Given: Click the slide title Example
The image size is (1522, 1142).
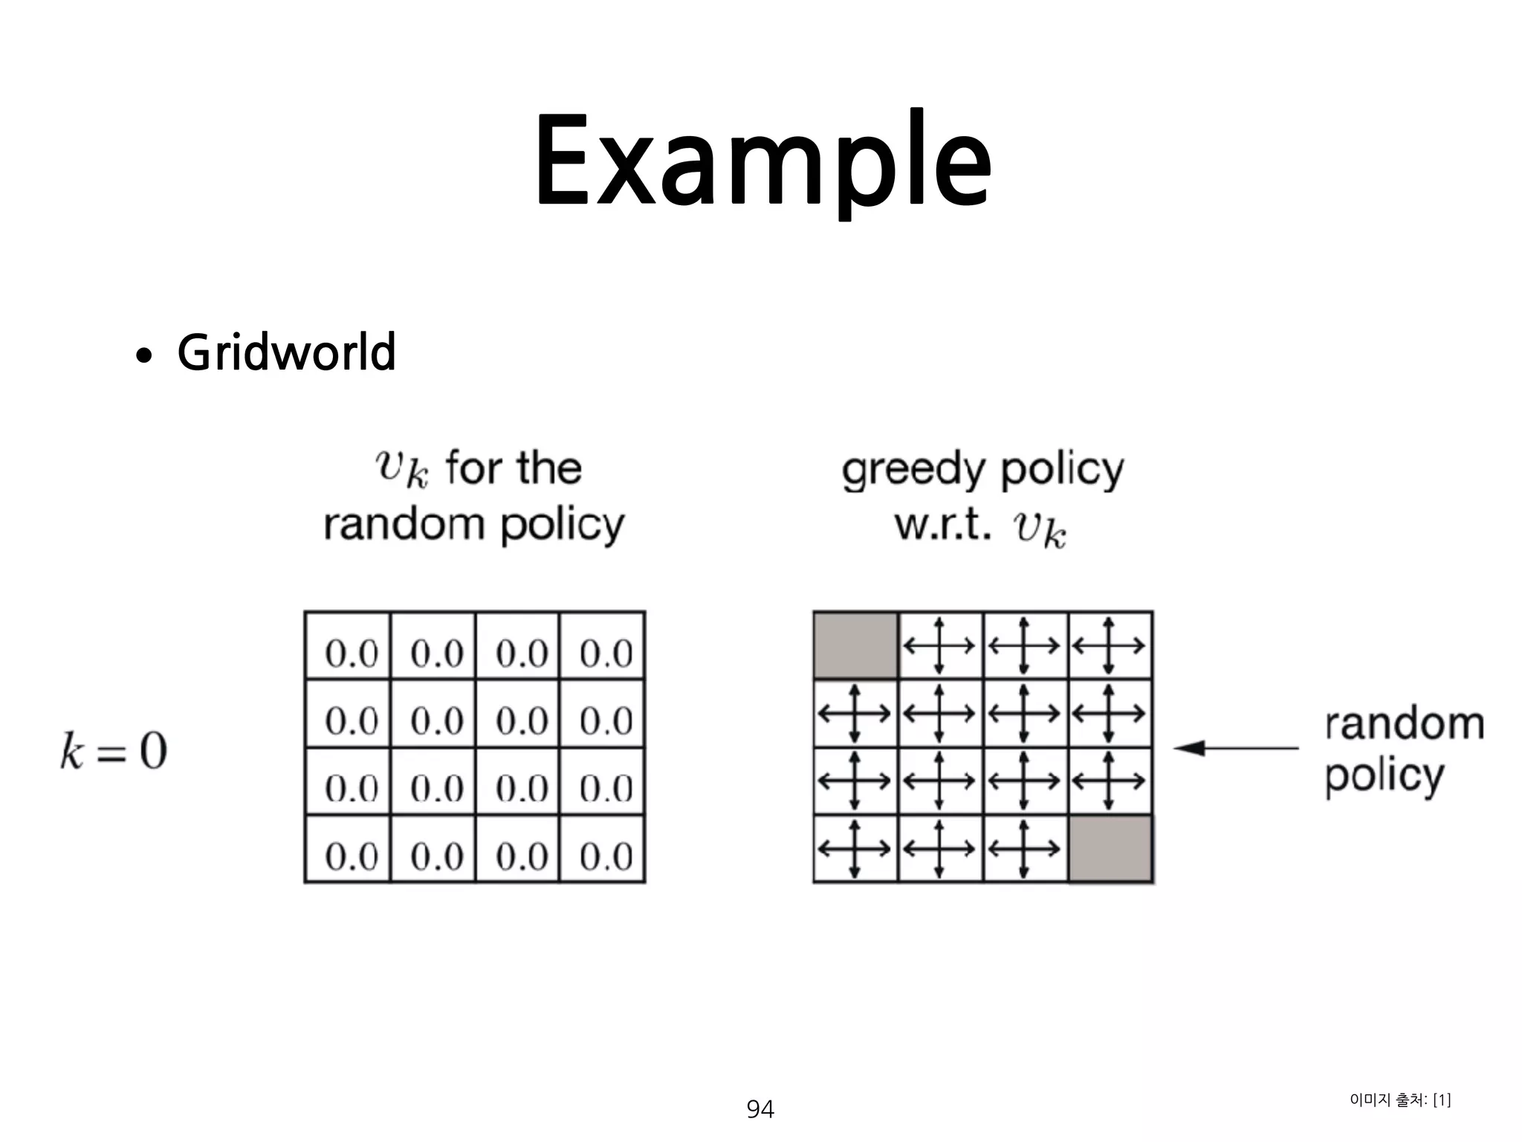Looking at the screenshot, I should (x=762, y=160).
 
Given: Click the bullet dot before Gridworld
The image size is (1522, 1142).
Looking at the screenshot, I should (x=144, y=355).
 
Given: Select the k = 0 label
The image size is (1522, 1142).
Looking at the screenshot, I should (x=114, y=751).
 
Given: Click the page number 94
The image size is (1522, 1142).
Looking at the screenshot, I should (x=760, y=1109).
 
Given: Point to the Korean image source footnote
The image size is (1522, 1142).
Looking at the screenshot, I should (x=1399, y=1100).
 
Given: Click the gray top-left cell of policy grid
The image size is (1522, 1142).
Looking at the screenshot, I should (x=855, y=645).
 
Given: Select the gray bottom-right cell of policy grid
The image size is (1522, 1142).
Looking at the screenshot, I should (x=1110, y=849).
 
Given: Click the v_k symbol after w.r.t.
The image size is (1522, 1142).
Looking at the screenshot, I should (x=1040, y=529).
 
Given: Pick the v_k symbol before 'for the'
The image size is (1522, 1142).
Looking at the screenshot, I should (x=401, y=468).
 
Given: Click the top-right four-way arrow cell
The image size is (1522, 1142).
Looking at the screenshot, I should (x=1109, y=645).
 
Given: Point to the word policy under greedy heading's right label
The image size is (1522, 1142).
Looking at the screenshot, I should (x=1384, y=776).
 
